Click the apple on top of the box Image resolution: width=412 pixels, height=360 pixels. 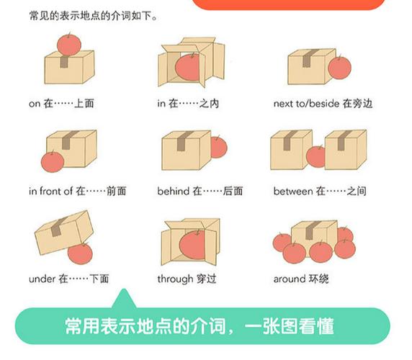(68, 45)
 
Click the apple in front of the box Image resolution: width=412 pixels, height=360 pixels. (52, 161)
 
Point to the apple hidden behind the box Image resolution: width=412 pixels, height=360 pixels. (218, 147)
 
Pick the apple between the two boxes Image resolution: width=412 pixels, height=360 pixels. (315, 156)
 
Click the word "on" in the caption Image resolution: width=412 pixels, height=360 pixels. (35, 104)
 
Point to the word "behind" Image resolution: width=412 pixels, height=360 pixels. (173, 192)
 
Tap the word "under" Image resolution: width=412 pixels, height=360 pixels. (42, 279)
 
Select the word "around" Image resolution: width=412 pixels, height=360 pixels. (290, 279)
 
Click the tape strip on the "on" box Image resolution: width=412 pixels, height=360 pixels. (64, 61)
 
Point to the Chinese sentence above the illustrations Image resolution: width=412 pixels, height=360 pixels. (94, 15)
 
